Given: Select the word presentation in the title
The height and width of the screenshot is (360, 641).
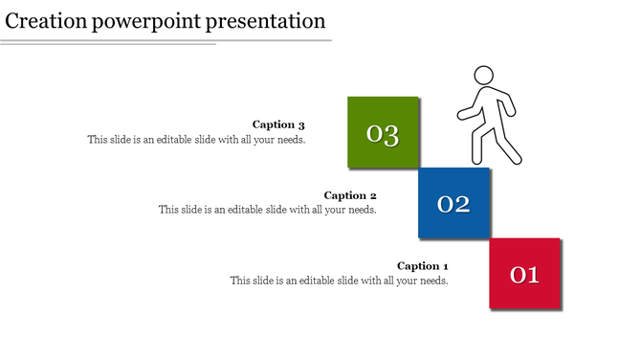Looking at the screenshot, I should coord(267,20).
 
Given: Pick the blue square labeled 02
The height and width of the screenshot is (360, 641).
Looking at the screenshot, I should coord(453,203).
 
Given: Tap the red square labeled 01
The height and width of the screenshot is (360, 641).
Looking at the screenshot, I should coord(525,275).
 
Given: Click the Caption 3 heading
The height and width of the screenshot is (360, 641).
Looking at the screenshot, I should coord(278,124).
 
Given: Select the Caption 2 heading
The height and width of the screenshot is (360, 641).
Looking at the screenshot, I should coord(350,195).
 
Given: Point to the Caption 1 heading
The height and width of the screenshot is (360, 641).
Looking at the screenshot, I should coord(422,266).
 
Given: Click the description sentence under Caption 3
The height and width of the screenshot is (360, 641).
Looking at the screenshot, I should coord(196,140).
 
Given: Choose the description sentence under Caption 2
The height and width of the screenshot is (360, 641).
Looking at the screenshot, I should coord(268,210).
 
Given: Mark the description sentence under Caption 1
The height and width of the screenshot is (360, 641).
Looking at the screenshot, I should coord(339,281).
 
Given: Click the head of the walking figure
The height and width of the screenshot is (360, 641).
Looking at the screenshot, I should coord(484,76).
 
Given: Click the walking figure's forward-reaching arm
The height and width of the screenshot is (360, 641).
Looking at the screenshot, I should coord(466,112).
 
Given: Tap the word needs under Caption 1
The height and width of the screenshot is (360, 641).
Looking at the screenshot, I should coord(432,281).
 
